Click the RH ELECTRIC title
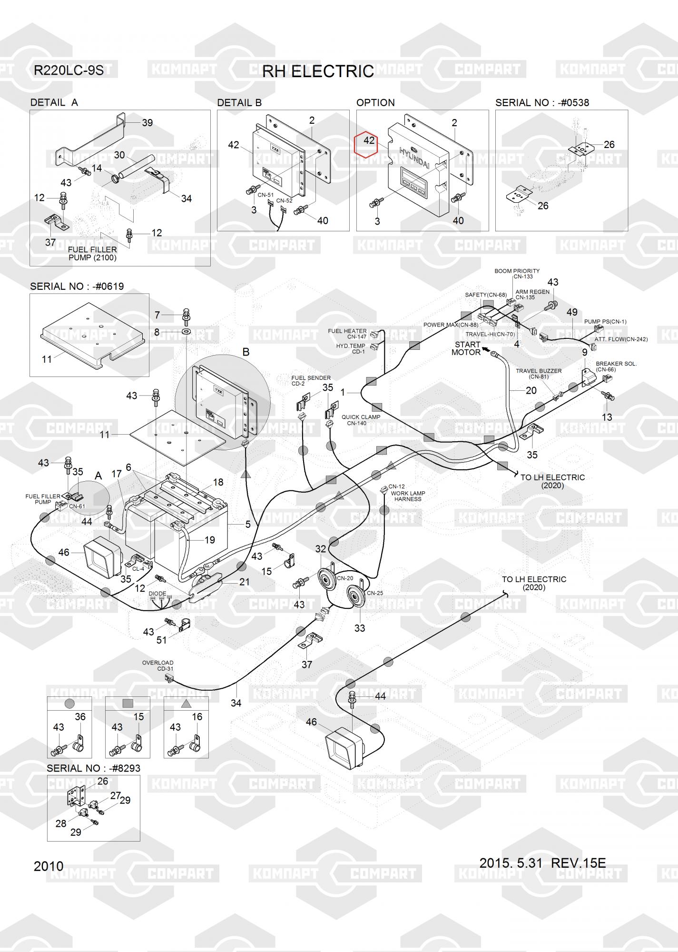318,71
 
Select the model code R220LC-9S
69,70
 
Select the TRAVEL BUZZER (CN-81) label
539,374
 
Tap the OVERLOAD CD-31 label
158,665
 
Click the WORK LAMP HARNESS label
408,496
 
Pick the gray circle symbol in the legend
69,703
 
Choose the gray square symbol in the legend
128,703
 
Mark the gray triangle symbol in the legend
186,703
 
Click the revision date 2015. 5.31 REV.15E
542,863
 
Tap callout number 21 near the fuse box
245,582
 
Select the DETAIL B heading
239,103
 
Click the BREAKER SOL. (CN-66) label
616,367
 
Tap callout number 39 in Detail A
147,123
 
